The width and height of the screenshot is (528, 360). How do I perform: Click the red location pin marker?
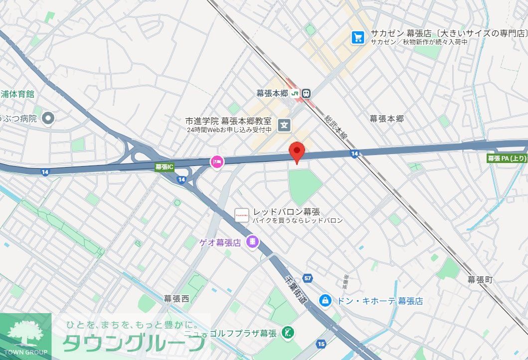[x=297, y=152]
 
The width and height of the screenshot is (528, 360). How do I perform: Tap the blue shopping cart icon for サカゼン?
[x=357, y=37]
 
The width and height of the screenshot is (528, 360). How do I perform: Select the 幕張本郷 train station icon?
[x=306, y=93]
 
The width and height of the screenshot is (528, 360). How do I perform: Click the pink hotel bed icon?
[x=217, y=161]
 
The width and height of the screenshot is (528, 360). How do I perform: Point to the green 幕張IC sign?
[x=164, y=167]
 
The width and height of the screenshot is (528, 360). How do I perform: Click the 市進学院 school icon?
[x=284, y=125]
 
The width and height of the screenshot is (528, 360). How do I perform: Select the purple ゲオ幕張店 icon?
[x=253, y=242]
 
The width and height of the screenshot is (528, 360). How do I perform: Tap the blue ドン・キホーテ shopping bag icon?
[x=325, y=300]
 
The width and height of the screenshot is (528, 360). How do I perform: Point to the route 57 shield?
[x=307, y=278]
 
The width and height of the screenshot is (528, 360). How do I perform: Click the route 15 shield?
[x=321, y=344]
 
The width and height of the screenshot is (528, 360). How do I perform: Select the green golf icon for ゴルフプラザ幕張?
[x=287, y=332]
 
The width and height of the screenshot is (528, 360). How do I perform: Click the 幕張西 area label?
[x=176, y=299]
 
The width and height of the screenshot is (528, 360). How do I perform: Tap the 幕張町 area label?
[x=480, y=280]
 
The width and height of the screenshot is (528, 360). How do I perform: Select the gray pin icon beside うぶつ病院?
[x=48, y=119]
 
